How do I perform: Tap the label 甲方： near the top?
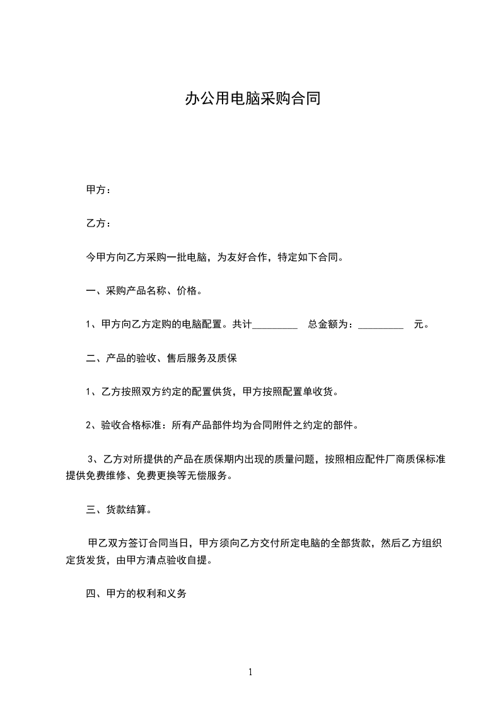point(98,190)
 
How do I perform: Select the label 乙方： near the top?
point(98,223)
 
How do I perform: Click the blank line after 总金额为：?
point(380,326)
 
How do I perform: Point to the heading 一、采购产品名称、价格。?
point(144,292)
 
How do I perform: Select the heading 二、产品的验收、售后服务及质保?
point(161,358)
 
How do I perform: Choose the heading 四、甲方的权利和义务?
point(136,594)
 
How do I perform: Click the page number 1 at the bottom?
point(250,673)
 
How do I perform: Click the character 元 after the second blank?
point(418,325)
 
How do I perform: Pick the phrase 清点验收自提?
point(182,560)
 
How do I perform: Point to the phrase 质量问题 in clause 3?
point(299,459)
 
